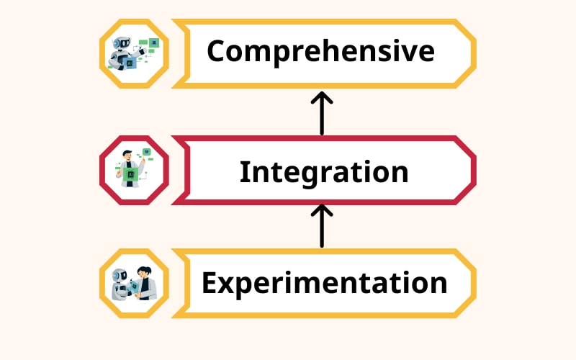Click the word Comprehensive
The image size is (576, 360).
(320, 52)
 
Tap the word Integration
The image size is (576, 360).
(323, 172)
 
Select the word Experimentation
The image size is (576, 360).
(324, 283)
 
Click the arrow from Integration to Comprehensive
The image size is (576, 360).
(322, 113)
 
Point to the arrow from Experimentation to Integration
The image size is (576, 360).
(322, 225)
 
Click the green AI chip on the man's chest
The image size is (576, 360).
(131, 174)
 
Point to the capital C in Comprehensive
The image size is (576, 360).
(219, 52)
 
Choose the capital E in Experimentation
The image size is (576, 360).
(210, 283)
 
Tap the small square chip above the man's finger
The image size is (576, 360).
(146, 152)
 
